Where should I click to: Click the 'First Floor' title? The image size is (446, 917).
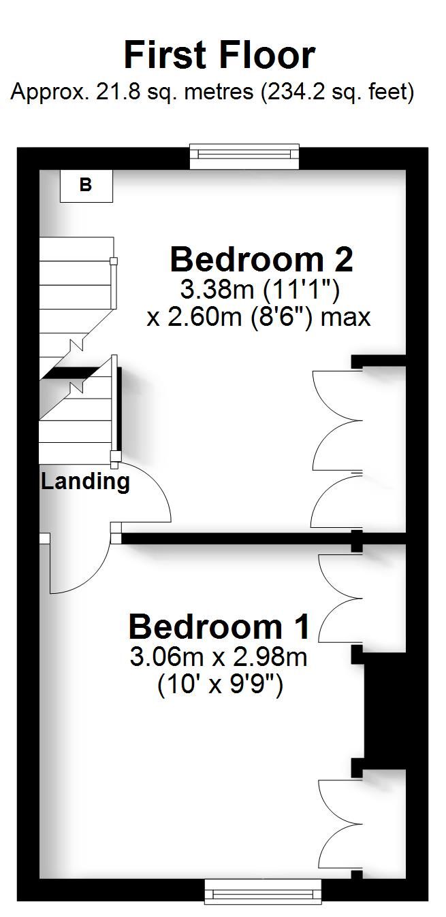(x=219, y=55)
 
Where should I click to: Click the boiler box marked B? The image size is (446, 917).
(x=86, y=185)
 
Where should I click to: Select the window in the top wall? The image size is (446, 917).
(x=244, y=156)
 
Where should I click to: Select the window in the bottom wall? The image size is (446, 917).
(x=262, y=890)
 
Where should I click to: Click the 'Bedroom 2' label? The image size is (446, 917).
(x=261, y=259)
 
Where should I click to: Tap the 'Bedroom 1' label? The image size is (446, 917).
(x=219, y=627)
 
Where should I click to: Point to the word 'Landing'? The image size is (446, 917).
(x=85, y=482)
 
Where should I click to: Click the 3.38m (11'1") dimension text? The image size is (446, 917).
(x=259, y=290)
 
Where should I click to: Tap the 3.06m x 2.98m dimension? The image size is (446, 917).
(x=219, y=657)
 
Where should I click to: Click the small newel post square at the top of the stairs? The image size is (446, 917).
(x=114, y=261)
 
